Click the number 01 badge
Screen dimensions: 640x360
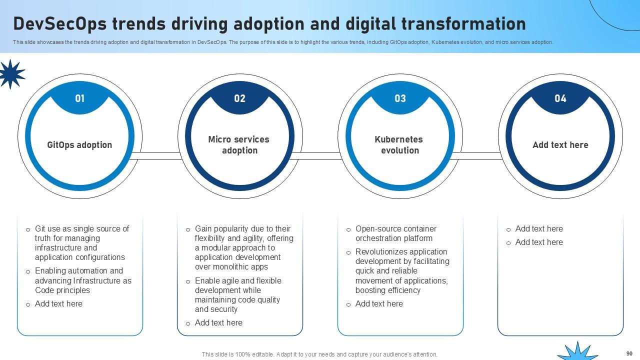[80, 98]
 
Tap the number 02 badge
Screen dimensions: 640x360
[240, 98]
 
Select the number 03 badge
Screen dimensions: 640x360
[400, 98]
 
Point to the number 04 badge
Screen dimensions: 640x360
[560, 98]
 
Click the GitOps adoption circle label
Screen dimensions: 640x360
[79, 145]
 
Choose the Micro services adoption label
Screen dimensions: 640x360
[239, 145]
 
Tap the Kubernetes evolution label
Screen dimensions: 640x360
[399, 145]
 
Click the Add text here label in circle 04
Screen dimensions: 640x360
[560, 145]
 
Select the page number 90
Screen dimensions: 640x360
[629, 353]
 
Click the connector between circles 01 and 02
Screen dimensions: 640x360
[160, 156]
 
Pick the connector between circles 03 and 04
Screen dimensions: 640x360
[480, 156]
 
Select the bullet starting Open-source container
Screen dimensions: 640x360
[395, 233]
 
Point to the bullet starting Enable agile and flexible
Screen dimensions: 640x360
[238, 295]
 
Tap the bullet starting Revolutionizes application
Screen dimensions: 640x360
[402, 271]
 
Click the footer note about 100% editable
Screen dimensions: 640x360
[319, 354]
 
